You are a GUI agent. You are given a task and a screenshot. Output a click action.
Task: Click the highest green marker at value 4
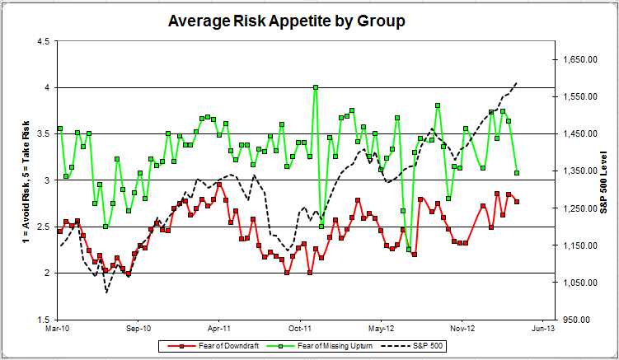[x=316, y=87]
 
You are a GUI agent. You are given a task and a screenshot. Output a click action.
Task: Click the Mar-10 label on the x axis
[x=58, y=327]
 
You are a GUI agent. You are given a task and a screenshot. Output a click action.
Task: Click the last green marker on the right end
[x=517, y=173]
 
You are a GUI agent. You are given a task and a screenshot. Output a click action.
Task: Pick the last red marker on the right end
[x=517, y=201]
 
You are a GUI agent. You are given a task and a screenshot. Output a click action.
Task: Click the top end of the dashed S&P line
[x=517, y=82]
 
